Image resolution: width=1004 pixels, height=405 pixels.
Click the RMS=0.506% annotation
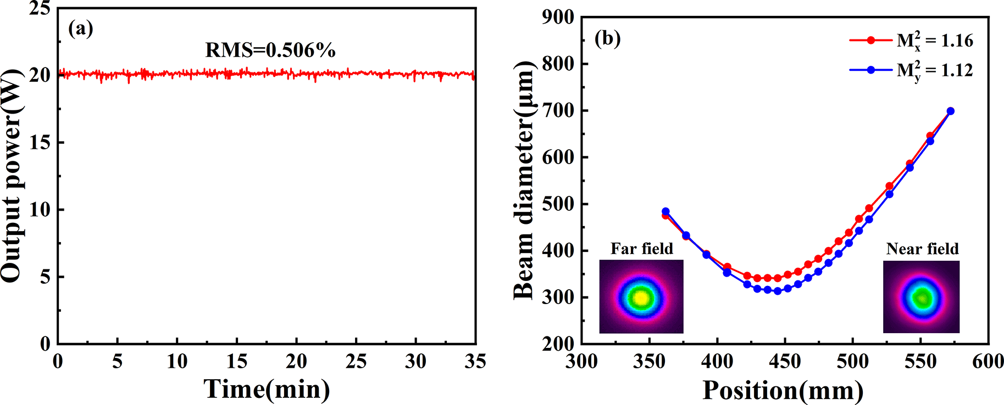pos(270,50)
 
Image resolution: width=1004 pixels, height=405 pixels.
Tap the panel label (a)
pos(80,29)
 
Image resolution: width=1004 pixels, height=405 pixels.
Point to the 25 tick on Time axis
pos(356,361)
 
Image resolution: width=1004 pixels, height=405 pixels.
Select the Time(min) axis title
pos(267,389)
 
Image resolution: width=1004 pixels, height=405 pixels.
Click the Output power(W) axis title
pos(12,176)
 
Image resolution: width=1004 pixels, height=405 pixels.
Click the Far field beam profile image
pos(641,297)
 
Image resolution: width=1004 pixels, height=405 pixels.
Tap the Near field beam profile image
pos(921,297)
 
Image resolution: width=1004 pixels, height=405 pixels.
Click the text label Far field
pos(642,249)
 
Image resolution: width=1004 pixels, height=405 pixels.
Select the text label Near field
pos(922,249)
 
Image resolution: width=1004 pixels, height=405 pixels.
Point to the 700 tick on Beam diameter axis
pos(558,111)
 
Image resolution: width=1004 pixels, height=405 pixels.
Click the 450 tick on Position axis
pos(785,362)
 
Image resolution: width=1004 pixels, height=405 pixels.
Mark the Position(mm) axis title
pos(783,391)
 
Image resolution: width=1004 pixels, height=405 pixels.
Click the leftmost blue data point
pos(665,211)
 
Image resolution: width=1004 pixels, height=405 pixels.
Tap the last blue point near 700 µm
pos(951,111)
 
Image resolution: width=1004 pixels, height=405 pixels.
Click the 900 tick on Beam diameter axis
pos(558,18)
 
